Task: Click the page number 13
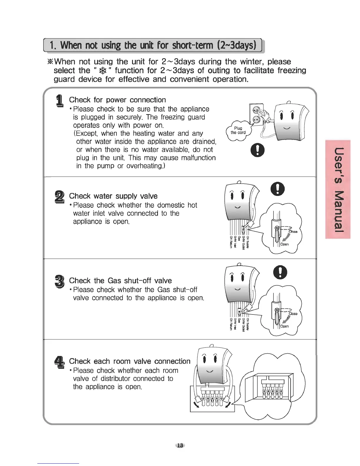click(180, 445)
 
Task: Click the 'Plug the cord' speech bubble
click(238, 130)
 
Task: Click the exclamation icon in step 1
click(257, 151)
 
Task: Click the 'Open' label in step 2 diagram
click(284, 244)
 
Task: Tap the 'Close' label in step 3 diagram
click(293, 314)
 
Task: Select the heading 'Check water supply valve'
click(113, 196)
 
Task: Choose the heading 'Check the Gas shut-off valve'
click(120, 281)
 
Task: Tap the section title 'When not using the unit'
click(153, 45)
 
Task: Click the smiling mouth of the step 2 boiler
click(238, 207)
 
